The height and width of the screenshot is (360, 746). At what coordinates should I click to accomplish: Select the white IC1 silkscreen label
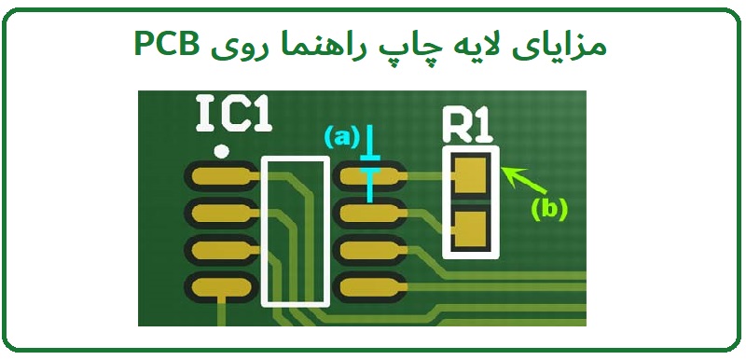234,115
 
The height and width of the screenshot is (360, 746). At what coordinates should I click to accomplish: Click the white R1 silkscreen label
467,124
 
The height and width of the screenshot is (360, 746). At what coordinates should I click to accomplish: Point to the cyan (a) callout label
341,137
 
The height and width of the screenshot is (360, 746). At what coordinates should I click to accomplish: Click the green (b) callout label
549,209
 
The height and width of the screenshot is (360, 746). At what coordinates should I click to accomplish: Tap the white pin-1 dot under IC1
221,150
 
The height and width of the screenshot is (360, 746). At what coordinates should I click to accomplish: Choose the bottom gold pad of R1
471,228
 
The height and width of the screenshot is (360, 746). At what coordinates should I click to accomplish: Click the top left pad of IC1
218,174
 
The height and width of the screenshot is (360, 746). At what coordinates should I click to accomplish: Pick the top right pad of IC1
367,174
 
